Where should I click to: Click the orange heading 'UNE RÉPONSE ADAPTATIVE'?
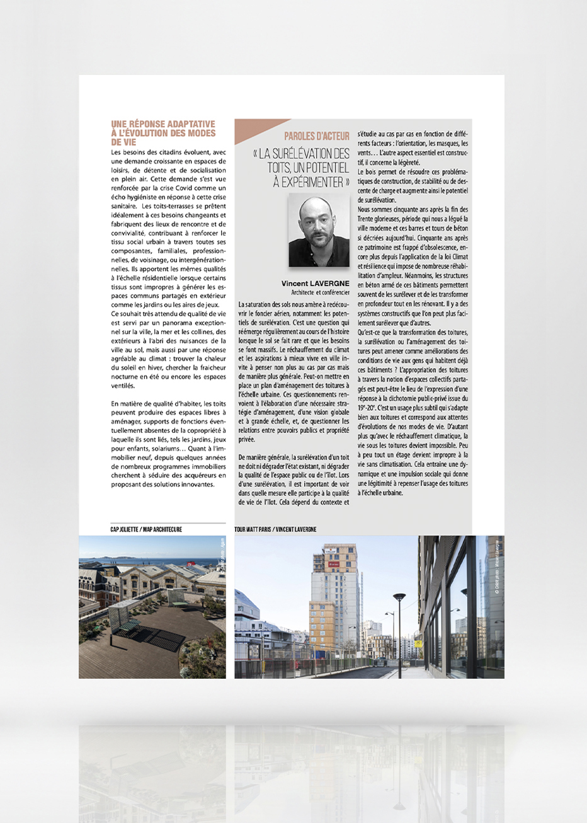click(x=162, y=124)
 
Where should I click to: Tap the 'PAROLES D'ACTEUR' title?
click(x=317, y=135)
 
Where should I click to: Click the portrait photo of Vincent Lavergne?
click(x=319, y=230)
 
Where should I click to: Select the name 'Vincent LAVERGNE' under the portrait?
click(x=315, y=284)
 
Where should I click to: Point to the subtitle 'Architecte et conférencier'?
click(x=320, y=292)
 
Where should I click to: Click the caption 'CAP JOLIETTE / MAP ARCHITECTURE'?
click(x=146, y=529)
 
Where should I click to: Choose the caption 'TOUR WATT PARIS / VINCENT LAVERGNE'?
click(x=275, y=529)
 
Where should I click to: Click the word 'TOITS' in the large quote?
click(x=283, y=168)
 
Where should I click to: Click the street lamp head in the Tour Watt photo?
click(x=399, y=596)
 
